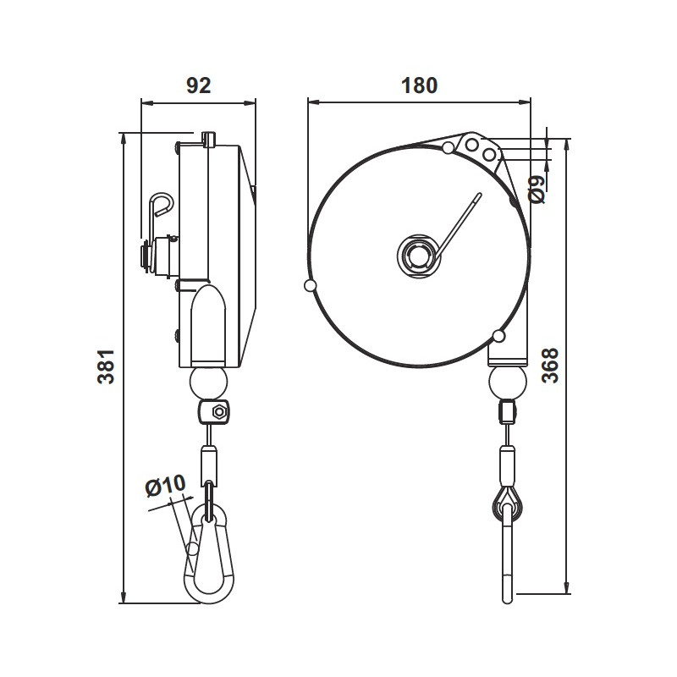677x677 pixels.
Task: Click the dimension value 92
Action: click(x=197, y=85)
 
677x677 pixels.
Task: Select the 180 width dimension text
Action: click(x=419, y=85)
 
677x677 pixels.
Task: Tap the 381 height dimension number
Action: click(x=105, y=366)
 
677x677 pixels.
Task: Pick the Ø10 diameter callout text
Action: click(x=165, y=486)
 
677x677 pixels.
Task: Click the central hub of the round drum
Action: click(x=417, y=254)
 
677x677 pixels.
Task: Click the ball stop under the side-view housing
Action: click(x=209, y=383)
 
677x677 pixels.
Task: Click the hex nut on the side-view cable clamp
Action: click(x=217, y=413)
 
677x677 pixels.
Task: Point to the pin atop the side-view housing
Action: click(x=210, y=139)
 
